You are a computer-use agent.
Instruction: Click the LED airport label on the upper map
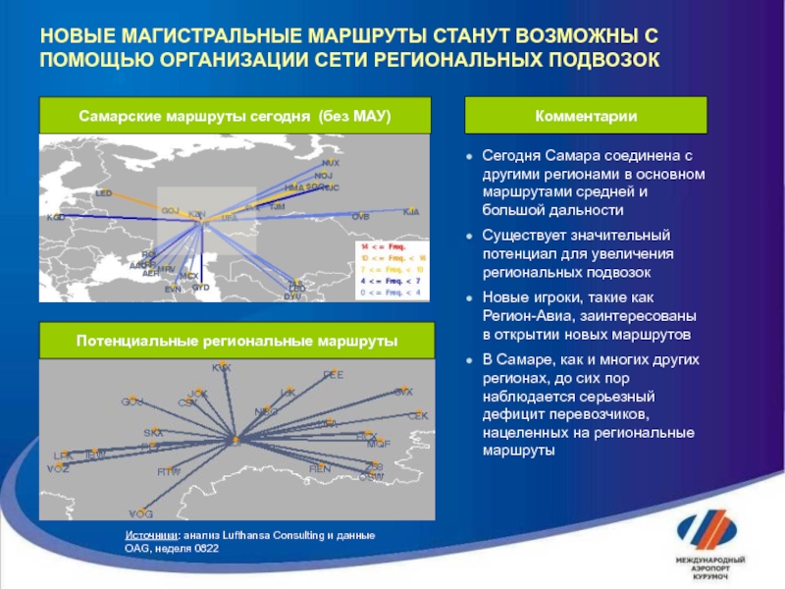click(104, 194)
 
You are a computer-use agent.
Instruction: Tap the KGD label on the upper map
click(56, 217)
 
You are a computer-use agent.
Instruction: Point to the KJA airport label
click(411, 211)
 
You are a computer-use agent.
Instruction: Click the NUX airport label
click(331, 163)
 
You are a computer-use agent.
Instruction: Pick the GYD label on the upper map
click(201, 288)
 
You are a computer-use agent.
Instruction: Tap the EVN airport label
click(173, 289)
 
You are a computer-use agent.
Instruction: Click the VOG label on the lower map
click(141, 513)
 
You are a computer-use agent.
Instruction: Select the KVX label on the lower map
click(222, 367)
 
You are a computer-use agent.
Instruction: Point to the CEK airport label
click(418, 416)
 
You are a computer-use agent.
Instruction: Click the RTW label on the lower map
click(170, 472)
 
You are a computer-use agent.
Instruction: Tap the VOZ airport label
click(58, 468)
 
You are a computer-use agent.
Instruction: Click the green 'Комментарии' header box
click(586, 116)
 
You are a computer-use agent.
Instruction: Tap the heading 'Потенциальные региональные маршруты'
click(236, 340)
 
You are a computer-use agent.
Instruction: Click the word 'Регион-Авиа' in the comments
click(528, 315)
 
